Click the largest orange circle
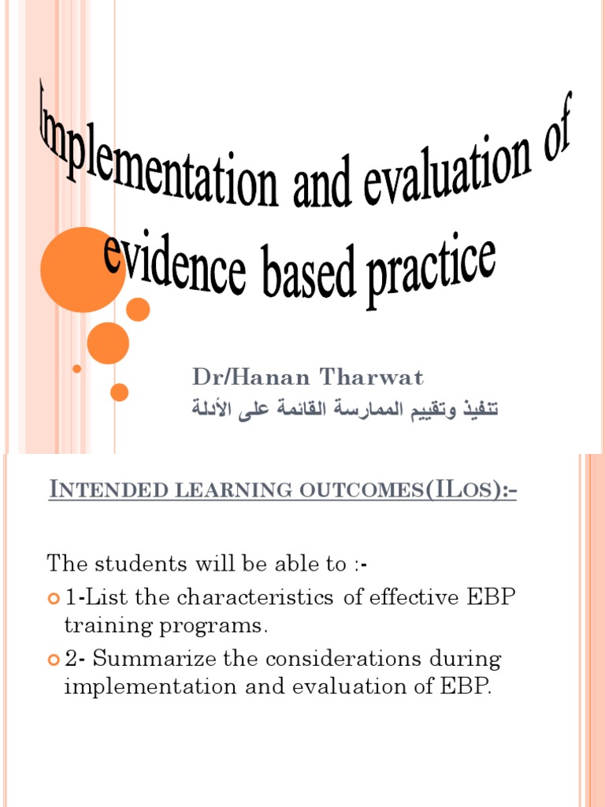coord(82,270)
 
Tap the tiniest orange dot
coord(76,368)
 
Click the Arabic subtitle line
coord(347,411)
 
